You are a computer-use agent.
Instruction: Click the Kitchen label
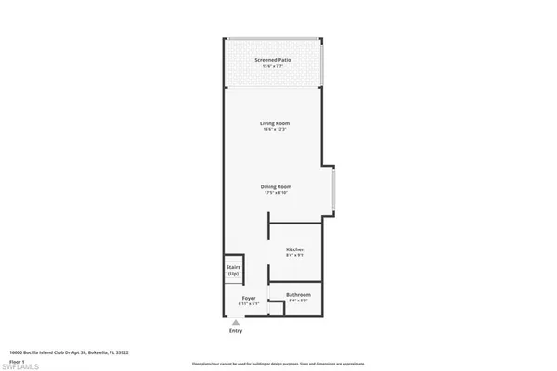point(295,249)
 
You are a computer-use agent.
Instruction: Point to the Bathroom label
point(299,295)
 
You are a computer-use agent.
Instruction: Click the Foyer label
point(248,299)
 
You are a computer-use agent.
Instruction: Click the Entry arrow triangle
point(235,321)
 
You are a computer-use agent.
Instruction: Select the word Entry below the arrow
point(235,331)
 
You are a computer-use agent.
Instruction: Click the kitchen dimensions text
point(295,256)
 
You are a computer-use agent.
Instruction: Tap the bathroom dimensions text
point(299,301)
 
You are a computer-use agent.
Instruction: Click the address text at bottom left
point(69,352)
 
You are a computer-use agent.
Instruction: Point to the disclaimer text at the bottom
point(278,364)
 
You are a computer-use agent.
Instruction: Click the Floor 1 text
point(17,358)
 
